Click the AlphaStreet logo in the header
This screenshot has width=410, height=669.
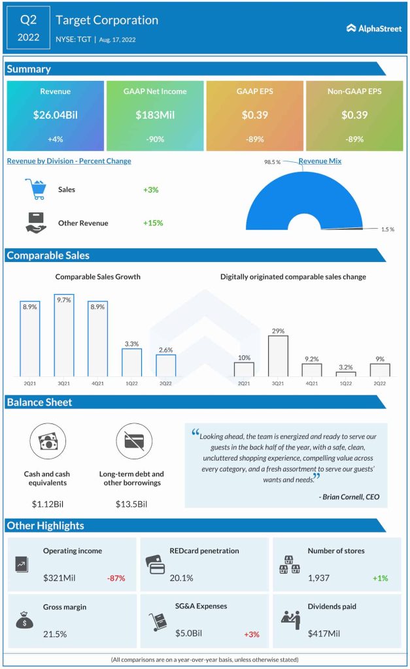(x=375, y=28)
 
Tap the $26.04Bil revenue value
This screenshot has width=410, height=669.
(x=55, y=115)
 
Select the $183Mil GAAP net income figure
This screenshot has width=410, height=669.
(x=155, y=115)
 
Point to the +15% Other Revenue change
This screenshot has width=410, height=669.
(x=153, y=223)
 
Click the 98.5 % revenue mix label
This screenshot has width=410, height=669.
(x=273, y=161)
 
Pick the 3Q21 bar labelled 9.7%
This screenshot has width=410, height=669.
(x=64, y=334)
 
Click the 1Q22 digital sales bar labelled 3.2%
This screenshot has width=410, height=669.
(x=346, y=374)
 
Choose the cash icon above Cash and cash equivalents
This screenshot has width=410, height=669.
(x=48, y=441)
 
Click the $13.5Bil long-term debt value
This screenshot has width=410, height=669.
(x=131, y=504)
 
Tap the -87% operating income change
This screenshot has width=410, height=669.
(x=116, y=578)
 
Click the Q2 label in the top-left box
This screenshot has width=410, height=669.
(x=28, y=19)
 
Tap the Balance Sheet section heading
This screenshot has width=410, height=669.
(x=39, y=402)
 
